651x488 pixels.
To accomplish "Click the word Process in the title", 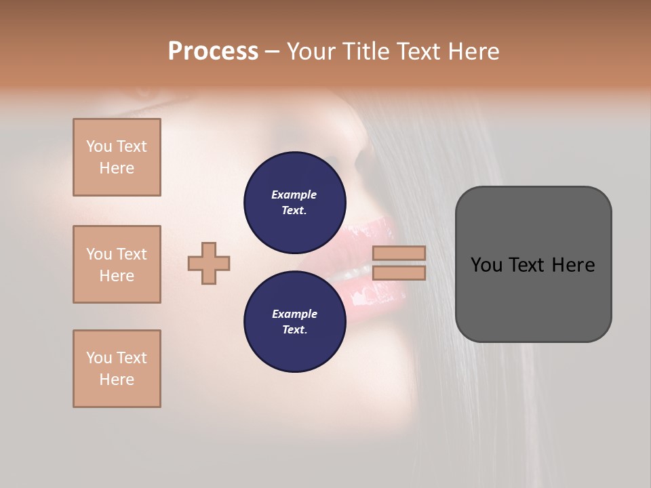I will [213, 52].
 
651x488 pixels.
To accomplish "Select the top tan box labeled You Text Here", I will [117, 157].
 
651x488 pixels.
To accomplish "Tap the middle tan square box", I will [117, 264].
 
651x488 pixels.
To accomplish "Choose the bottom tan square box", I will [117, 369].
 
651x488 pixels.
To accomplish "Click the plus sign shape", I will [209, 263].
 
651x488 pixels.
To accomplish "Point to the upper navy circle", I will [295, 202].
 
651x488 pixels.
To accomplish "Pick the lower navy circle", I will [295, 322].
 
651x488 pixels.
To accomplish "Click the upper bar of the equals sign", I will [399, 253].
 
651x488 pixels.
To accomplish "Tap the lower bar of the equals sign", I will [399, 273].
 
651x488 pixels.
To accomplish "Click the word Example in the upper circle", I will [294, 195].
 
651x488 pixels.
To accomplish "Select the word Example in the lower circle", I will [294, 314].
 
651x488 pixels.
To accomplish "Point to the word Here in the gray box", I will [574, 265].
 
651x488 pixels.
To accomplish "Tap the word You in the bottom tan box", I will [99, 358].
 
